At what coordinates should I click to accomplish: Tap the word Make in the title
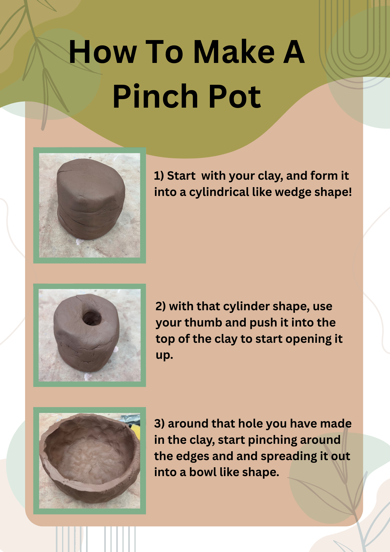click(x=234, y=52)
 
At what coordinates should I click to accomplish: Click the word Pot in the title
click(x=235, y=97)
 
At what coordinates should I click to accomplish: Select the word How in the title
click(x=103, y=52)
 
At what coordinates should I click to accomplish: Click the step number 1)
click(x=159, y=176)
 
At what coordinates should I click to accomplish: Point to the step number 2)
click(x=161, y=306)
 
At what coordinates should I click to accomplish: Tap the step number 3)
click(x=159, y=424)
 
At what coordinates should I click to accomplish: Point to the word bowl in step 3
click(x=203, y=472)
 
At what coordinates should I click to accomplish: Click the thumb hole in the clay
click(x=92, y=318)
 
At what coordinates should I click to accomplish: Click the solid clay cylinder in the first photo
click(x=90, y=199)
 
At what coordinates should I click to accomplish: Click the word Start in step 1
click(x=181, y=176)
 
